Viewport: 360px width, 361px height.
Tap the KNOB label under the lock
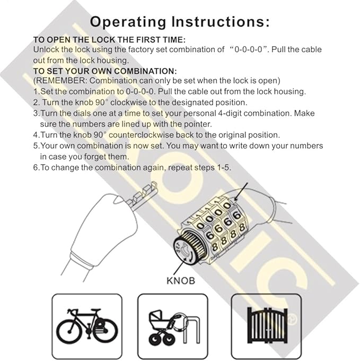pos(180,280)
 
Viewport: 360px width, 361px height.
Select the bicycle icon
pos(87,324)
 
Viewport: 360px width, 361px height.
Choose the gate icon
pos(267,324)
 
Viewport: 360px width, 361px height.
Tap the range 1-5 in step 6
pos(219,167)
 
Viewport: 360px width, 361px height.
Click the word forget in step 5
pos(84,157)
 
